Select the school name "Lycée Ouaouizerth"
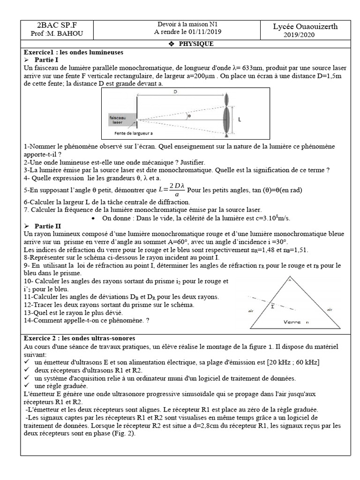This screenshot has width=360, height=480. click(305, 27)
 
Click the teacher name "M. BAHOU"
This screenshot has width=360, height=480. click(62, 35)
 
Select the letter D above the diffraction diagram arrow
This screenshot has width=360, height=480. click(175, 92)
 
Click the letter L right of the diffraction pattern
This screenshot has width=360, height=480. click(240, 120)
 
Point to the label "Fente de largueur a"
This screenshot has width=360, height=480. click(134, 133)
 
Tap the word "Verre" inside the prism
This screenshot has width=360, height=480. click(292, 322)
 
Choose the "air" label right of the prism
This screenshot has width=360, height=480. click(330, 309)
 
